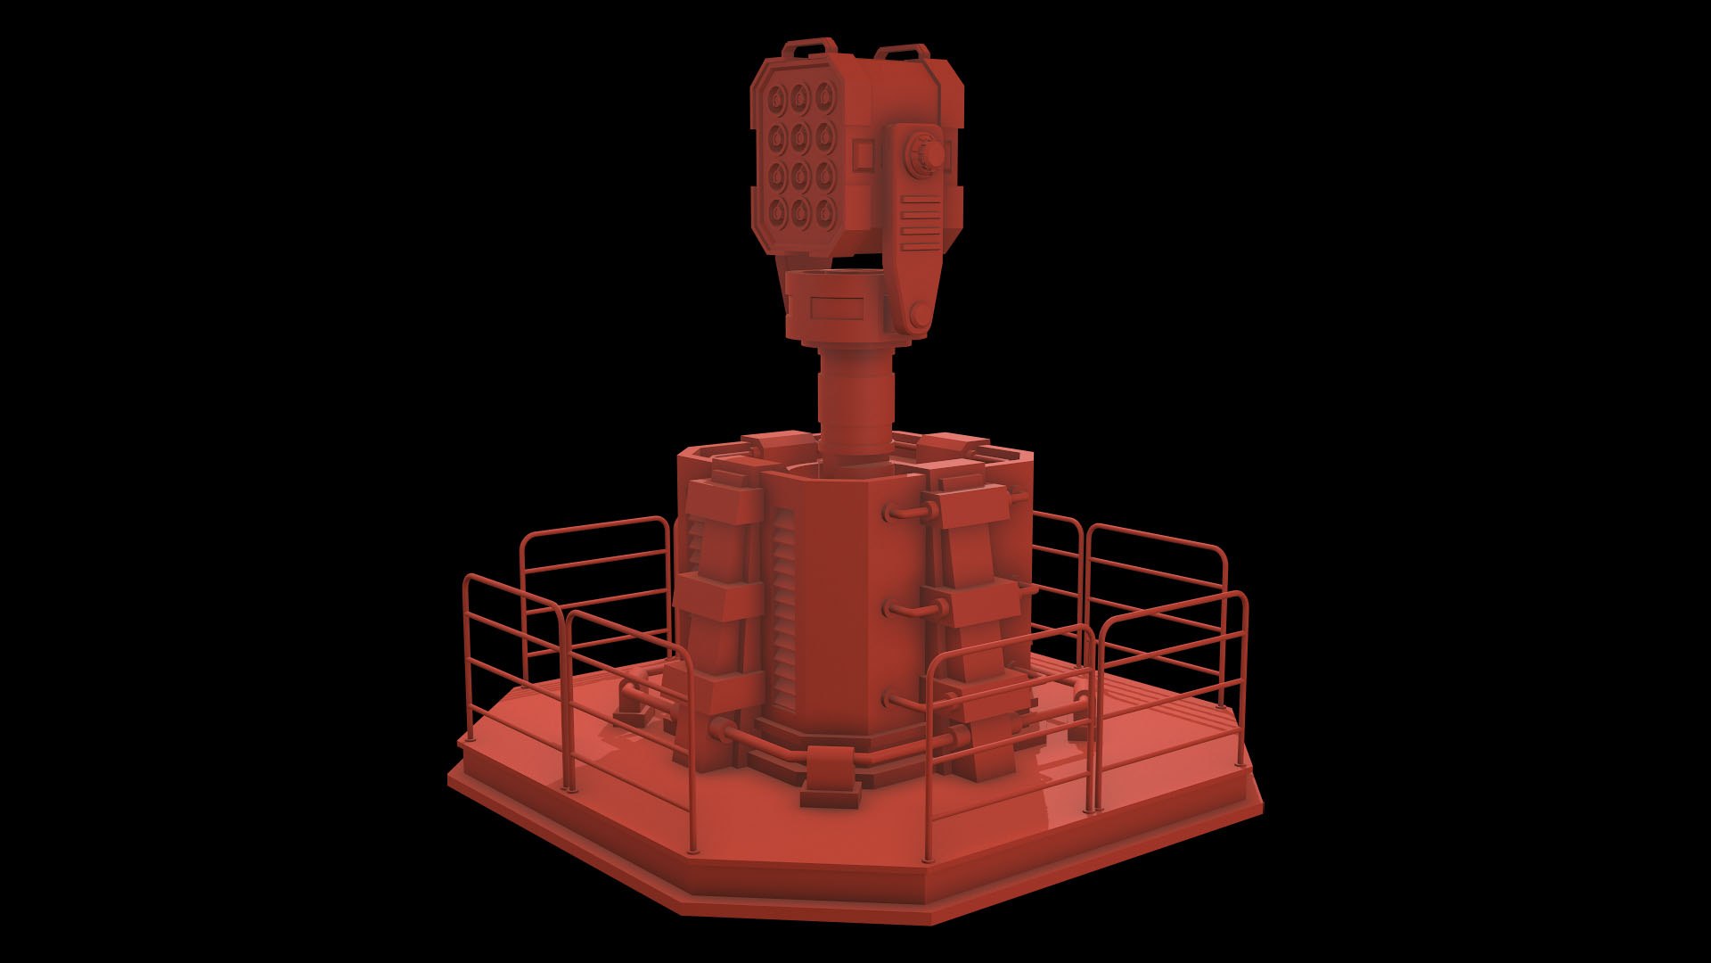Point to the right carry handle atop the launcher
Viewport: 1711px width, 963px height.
click(x=902, y=52)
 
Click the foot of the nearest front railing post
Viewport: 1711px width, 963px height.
click(x=692, y=848)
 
